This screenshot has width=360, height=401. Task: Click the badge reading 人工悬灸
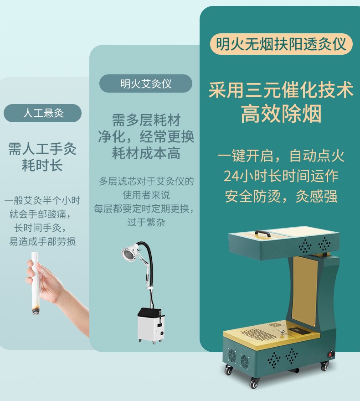coord(43,113)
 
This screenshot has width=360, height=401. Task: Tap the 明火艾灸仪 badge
coord(146,83)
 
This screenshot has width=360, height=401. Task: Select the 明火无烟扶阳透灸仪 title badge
coord(281,44)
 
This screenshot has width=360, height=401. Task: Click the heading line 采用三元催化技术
coord(281,90)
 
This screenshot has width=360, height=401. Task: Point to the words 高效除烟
coord(281,114)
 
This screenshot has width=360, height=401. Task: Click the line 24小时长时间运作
coord(281,176)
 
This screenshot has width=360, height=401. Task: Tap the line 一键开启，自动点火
coord(281,156)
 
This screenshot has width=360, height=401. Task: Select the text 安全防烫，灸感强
coord(281,196)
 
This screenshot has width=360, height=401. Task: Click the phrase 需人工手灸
coord(42,148)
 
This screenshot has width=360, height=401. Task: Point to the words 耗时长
coord(42,165)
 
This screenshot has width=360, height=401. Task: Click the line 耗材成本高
coord(146,153)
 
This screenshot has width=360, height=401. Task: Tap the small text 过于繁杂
coord(146,223)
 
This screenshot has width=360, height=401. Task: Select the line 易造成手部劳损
coord(42,241)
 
